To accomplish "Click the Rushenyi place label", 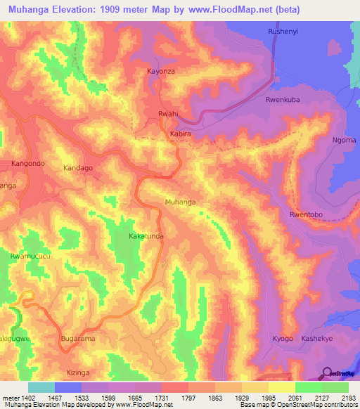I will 284,32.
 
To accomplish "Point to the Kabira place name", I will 181,132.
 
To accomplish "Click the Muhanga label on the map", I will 180,202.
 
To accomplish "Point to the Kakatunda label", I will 146,237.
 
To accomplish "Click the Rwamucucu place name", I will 30,257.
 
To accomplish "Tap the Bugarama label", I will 77,339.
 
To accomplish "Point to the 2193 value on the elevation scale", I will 347,398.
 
